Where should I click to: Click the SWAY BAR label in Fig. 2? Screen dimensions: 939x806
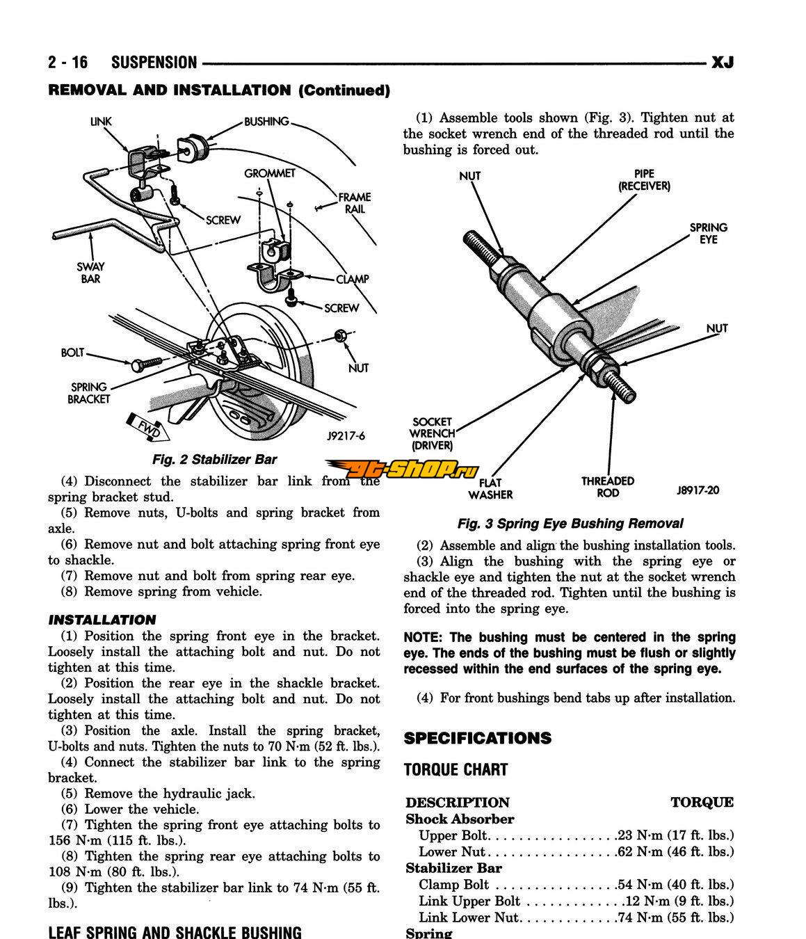tap(90, 272)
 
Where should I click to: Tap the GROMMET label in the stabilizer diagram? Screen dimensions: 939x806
tap(270, 173)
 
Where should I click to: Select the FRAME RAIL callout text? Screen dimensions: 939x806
tap(355, 202)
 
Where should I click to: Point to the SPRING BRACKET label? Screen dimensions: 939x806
tap(89, 393)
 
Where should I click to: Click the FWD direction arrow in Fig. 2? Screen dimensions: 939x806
tap(145, 426)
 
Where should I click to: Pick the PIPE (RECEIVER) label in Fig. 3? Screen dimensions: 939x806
tap(644, 180)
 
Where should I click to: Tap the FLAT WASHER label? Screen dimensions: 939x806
tap(490, 488)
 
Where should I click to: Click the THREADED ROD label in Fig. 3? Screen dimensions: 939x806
tap(608, 487)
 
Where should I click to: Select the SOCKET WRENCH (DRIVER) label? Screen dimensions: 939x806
tap(432, 433)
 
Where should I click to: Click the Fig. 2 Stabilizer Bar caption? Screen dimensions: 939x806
tap(214, 459)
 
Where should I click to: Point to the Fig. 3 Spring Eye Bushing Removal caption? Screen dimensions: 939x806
tap(570, 524)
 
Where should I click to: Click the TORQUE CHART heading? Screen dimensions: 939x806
tap(456, 770)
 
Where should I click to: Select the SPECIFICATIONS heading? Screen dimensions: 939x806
tap(477, 738)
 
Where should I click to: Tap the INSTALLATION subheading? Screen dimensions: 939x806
tap(102, 620)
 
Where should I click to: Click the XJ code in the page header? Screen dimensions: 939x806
tap(722, 63)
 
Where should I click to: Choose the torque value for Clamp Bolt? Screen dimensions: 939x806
tap(675, 885)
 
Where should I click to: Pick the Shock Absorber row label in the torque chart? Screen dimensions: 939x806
tap(460, 819)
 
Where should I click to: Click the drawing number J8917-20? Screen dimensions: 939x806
tap(697, 490)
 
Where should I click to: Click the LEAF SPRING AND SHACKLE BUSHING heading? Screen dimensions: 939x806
tap(175, 932)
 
